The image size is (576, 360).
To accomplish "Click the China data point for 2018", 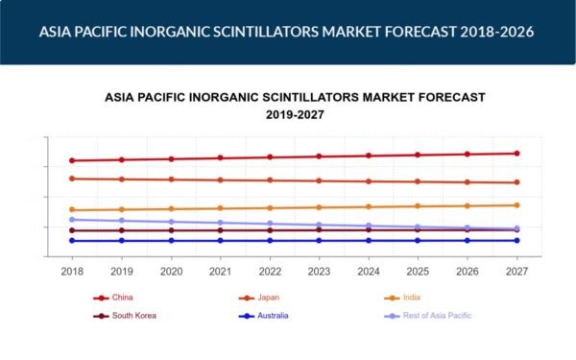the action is click(x=72, y=160).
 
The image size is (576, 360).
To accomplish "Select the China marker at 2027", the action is click(x=516, y=154).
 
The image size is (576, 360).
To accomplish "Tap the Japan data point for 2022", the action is click(x=270, y=180).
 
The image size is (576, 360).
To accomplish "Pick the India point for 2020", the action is click(x=171, y=208).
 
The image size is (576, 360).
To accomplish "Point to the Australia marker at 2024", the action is click(x=369, y=241).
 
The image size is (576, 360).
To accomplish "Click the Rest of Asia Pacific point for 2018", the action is click(x=72, y=220).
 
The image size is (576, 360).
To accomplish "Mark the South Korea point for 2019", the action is click(x=122, y=230).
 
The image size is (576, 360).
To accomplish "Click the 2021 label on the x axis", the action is click(x=221, y=272).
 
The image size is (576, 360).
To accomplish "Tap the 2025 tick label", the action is click(x=418, y=272).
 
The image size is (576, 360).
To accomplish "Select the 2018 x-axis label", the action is click(x=72, y=272).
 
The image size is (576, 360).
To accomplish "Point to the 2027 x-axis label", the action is click(x=516, y=272).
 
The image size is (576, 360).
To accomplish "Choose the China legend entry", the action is click(x=113, y=298).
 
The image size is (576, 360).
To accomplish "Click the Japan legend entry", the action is click(x=259, y=298).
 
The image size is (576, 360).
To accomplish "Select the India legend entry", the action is click(x=402, y=298).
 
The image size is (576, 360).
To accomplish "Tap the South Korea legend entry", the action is click(x=125, y=316).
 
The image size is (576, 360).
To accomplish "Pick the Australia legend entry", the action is click(x=263, y=316).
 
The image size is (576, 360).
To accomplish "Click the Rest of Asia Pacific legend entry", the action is click(x=428, y=316).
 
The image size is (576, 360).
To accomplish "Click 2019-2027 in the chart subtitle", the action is click(x=295, y=115).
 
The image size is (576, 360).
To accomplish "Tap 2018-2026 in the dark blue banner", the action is click(x=497, y=32).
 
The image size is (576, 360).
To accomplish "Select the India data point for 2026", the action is click(x=468, y=205).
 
